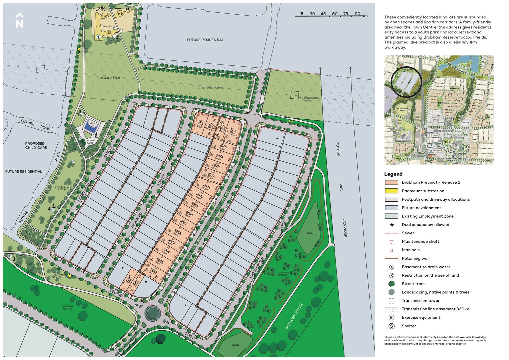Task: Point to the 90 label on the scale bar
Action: [357, 14]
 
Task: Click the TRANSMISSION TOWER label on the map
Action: [312, 99]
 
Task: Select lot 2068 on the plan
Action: [189, 214]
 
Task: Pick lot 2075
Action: [223, 146]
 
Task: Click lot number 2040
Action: [200, 124]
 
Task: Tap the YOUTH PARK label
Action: [90, 142]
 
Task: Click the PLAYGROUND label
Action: [104, 26]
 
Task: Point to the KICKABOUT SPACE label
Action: [110, 78]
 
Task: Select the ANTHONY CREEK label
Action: [294, 316]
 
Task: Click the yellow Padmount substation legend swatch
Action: [391, 191]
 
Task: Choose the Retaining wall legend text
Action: [415, 258]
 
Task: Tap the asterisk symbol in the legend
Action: [392, 225]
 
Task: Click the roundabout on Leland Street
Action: [153, 313]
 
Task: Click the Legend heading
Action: [393, 174]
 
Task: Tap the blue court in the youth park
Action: [91, 126]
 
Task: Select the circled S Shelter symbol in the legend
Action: [391, 326]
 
